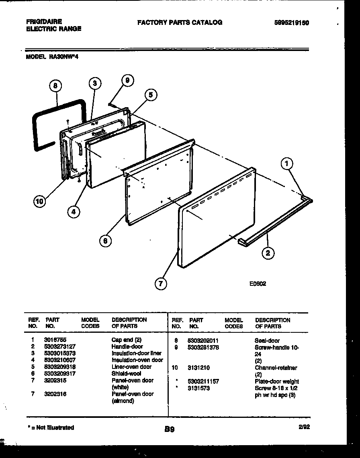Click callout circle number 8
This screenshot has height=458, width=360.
coord(55,85)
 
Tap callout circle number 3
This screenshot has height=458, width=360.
coord(94,83)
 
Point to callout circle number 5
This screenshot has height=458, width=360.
coord(150,95)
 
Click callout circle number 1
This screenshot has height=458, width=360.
coord(287,163)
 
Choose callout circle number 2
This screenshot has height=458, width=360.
coord(268,252)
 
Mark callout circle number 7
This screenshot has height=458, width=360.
coord(161,284)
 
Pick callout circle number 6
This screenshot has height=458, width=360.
coord(105,240)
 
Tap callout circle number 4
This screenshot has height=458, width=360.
coord(74,212)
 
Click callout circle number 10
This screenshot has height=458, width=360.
coord(39,202)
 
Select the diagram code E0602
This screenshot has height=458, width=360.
coord(258,283)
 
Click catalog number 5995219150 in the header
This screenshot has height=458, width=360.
coord(291,23)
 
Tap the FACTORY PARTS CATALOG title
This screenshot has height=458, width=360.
coord(180,22)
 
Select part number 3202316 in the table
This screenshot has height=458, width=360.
coord(55,394)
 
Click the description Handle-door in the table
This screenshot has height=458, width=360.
coord(127,346)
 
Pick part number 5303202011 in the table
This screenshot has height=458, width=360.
coord(203,340)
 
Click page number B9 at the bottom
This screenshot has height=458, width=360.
coord(169,429)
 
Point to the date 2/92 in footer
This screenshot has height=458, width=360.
coord(304,427)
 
